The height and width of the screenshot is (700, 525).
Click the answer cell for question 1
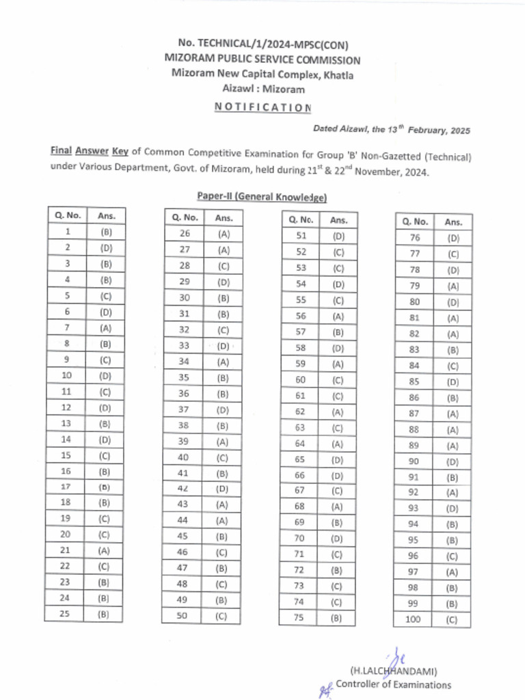pos(106,232)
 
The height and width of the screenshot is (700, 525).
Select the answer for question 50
pos(221,616)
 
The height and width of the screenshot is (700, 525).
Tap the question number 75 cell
pos(298,618)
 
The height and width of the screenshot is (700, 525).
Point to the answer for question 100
pos(452,620)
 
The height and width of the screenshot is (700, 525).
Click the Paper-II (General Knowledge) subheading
pos(262,197)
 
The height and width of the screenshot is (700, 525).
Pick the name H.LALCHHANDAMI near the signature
pos(393,671)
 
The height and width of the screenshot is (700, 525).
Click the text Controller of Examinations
pos(393,684)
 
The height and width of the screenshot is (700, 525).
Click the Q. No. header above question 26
pos(184,218)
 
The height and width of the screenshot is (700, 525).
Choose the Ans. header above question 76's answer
pos(453,221)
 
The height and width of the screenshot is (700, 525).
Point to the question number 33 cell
pos(184,346)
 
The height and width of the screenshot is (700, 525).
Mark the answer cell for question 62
pos(338,412)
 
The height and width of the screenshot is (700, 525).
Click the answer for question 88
pos(453,429)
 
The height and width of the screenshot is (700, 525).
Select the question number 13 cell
pos(66,423)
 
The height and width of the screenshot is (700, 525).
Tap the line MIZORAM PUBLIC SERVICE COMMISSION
pos(262,60)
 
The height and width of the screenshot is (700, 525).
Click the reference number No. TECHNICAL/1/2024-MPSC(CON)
pos(262,45)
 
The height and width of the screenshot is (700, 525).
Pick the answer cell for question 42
pos(222,488)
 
